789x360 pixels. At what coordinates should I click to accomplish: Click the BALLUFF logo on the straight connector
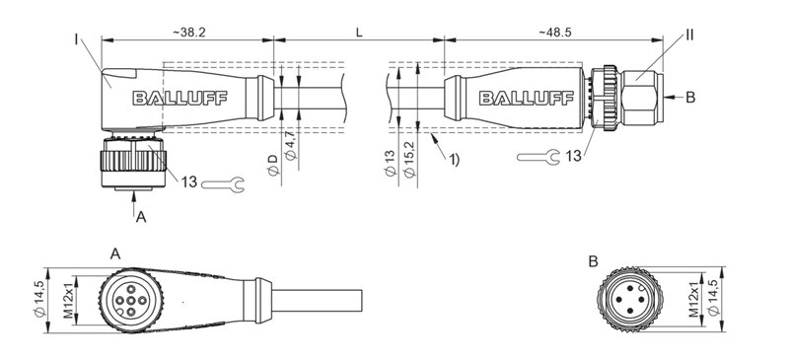click(x=518, y=98)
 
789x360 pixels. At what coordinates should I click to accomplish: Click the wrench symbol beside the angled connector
click(x=222, y=181)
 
